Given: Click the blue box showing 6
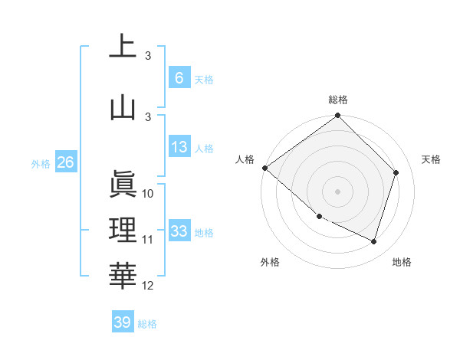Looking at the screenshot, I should [x=179, y=77].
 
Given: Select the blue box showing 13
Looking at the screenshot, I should [x=179, y=147].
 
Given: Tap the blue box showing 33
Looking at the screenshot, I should [x=179, y=231].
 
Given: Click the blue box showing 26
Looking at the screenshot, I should [x=65, y=162].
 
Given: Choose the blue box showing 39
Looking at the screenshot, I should [x=123, y=322].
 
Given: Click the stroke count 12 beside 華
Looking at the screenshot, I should [x=148, y=286].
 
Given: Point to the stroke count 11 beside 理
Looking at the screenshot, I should [x=148, y=240].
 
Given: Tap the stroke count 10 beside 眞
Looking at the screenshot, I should [x=148, y=194].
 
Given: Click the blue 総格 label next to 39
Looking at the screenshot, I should [x=147, y=324].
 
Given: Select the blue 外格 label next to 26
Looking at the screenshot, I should [x=41, y=163].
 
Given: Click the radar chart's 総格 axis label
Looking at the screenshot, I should [x=338, y=100].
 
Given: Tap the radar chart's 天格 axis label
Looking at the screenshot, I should [x=432, y=159].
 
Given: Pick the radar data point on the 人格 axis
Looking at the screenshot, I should [x=264, y=168].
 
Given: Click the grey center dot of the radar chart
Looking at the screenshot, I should [x=338, y=191].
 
